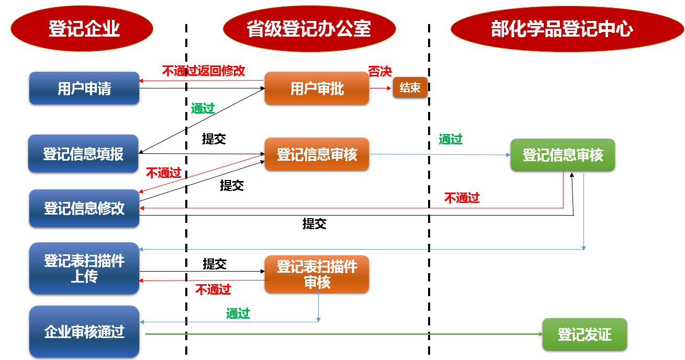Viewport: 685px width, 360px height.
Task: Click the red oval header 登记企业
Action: (x=83, y=28)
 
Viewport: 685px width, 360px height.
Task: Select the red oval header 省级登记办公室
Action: (x=308, y=28)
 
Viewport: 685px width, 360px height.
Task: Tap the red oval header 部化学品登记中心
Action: (x=562, y=28)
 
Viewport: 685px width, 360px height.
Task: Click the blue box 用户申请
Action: (x=84, y=88)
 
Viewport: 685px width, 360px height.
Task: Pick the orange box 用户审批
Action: (x=317, y=88)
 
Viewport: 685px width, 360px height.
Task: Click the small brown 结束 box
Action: (x=410, y=87)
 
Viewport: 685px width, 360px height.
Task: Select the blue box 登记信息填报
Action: (x=83, y=154)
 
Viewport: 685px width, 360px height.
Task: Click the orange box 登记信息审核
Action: (x=317, y=154)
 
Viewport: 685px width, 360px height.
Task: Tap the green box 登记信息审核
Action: (x=563, y=155)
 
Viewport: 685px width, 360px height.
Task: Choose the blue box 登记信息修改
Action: (x=84, y=208)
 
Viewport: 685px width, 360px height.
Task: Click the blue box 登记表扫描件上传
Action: (x=84, y=268)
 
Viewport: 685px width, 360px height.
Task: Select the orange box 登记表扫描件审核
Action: (x=317, y=274)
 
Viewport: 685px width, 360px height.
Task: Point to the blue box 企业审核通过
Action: (x=84, y=332)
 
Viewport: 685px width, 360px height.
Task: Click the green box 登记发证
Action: (x=584, y=334)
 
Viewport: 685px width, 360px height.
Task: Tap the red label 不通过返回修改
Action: (x=204, y=71)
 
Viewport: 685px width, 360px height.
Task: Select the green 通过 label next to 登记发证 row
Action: (x=238, y=313)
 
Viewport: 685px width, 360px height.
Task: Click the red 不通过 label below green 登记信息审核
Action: (x=462, y=198)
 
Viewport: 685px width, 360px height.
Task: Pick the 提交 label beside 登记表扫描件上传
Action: (x=215, y=264)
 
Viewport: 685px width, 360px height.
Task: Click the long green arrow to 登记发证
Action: (x=340, y=333)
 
